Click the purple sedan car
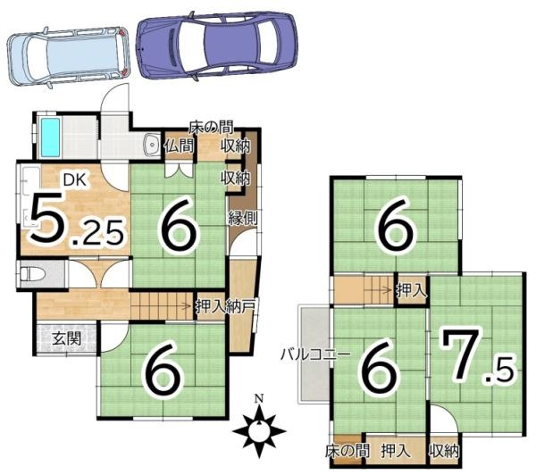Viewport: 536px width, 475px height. pyautogui.click(x=216, y=46)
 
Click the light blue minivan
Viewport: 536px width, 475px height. pyautogui.click(x=68, y=55)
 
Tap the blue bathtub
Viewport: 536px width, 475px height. pyautogui.click(x=50, y=137)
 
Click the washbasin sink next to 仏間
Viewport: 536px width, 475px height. pyautogui.click(x=151, y=145)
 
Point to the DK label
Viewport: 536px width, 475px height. pyautogui.click(x=75, y=179)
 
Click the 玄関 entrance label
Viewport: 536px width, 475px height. pyautogui.click(x=67, y=339)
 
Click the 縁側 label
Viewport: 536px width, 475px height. pyautogui.click(x=243, y=219)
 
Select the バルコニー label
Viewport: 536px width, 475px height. pyautogui.click(x=316, y=355)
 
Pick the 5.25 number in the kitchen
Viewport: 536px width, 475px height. pyautogui.click(x=77, y=220)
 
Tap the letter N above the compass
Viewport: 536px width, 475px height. pyautogui.click(x=259, y=398)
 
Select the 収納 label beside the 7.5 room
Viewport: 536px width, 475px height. pyautogui.click(x=444, y=452)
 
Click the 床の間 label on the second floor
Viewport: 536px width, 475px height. pyautogui.click(x=348, y=452)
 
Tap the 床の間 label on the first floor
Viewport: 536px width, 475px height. pyautogui.click(x=212, y=128)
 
